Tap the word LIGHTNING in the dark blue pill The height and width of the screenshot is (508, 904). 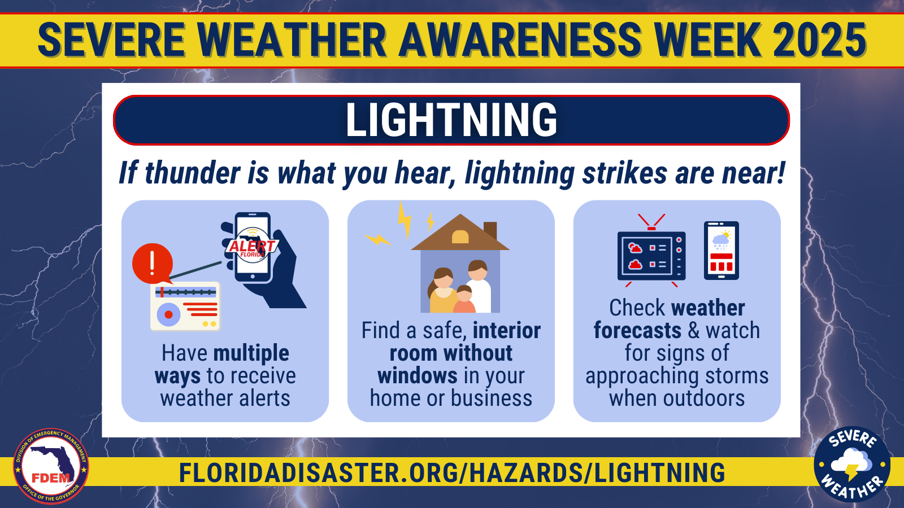pos(451,119)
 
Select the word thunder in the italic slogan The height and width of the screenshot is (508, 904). pos(193,173)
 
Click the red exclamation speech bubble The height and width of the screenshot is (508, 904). pos(153,264)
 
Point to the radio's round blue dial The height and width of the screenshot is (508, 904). pos(168,314)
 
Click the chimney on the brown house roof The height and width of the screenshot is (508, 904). pos(490,230)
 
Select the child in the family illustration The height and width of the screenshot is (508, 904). pos(464,299)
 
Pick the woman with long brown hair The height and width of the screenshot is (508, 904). pos(442,290)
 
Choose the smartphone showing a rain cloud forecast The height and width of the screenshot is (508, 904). pos(721,251)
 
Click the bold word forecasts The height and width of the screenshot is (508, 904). pos(637,331)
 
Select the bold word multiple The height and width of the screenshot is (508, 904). pos(251,354)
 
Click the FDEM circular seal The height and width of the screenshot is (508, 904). pos(51,466)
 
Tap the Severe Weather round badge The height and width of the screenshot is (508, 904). pos(852,464)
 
